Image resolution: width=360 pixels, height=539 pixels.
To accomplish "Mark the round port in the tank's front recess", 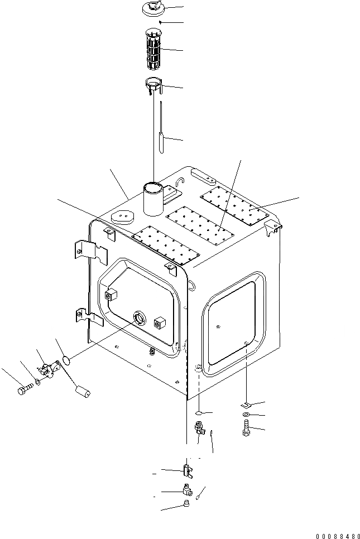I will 138,319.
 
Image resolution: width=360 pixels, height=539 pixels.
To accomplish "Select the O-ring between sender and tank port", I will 66,360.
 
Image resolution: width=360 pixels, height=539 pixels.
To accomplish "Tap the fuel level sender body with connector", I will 47,369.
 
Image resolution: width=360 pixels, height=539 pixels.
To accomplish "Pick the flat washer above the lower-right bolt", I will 246,416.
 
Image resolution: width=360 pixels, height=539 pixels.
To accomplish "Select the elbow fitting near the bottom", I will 187,490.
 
